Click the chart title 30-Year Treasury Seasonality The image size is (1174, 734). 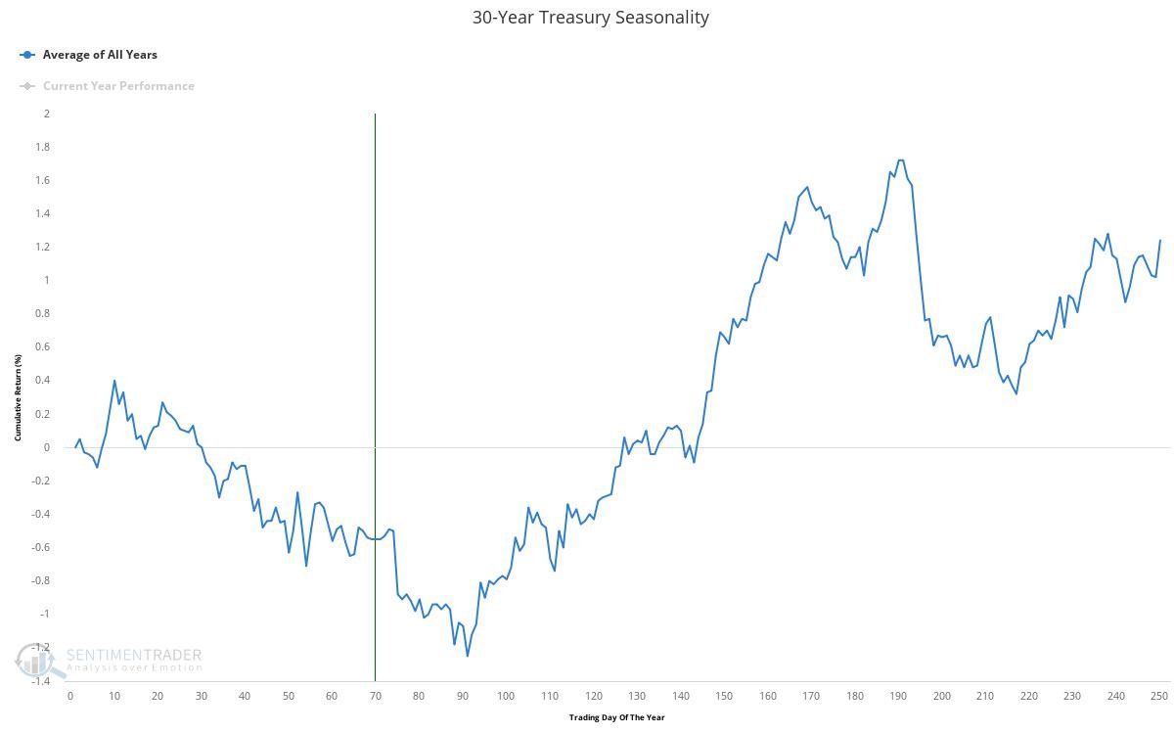coord(590,18)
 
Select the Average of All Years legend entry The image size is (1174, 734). coord(99,55)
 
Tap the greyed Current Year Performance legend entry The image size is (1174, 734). coord(118,86)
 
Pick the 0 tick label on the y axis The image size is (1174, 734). coord(46,447)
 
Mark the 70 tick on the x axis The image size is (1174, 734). coord(375,696)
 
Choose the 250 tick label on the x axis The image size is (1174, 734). coord(1159,696)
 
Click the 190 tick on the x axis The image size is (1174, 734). coord(898,696)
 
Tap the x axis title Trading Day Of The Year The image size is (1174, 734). coord(616,717)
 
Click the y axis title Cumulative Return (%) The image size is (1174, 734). coord(18,397)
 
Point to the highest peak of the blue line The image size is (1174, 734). coord(900,161)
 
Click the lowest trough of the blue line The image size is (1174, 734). coord(467,655)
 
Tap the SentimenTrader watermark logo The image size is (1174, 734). coord(108,661)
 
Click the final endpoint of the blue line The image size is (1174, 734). coord(1160,240)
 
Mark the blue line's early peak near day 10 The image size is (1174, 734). coord(114,381)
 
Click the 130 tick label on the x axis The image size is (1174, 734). coord(637,696)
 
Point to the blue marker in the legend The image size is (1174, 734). coord(27,55)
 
